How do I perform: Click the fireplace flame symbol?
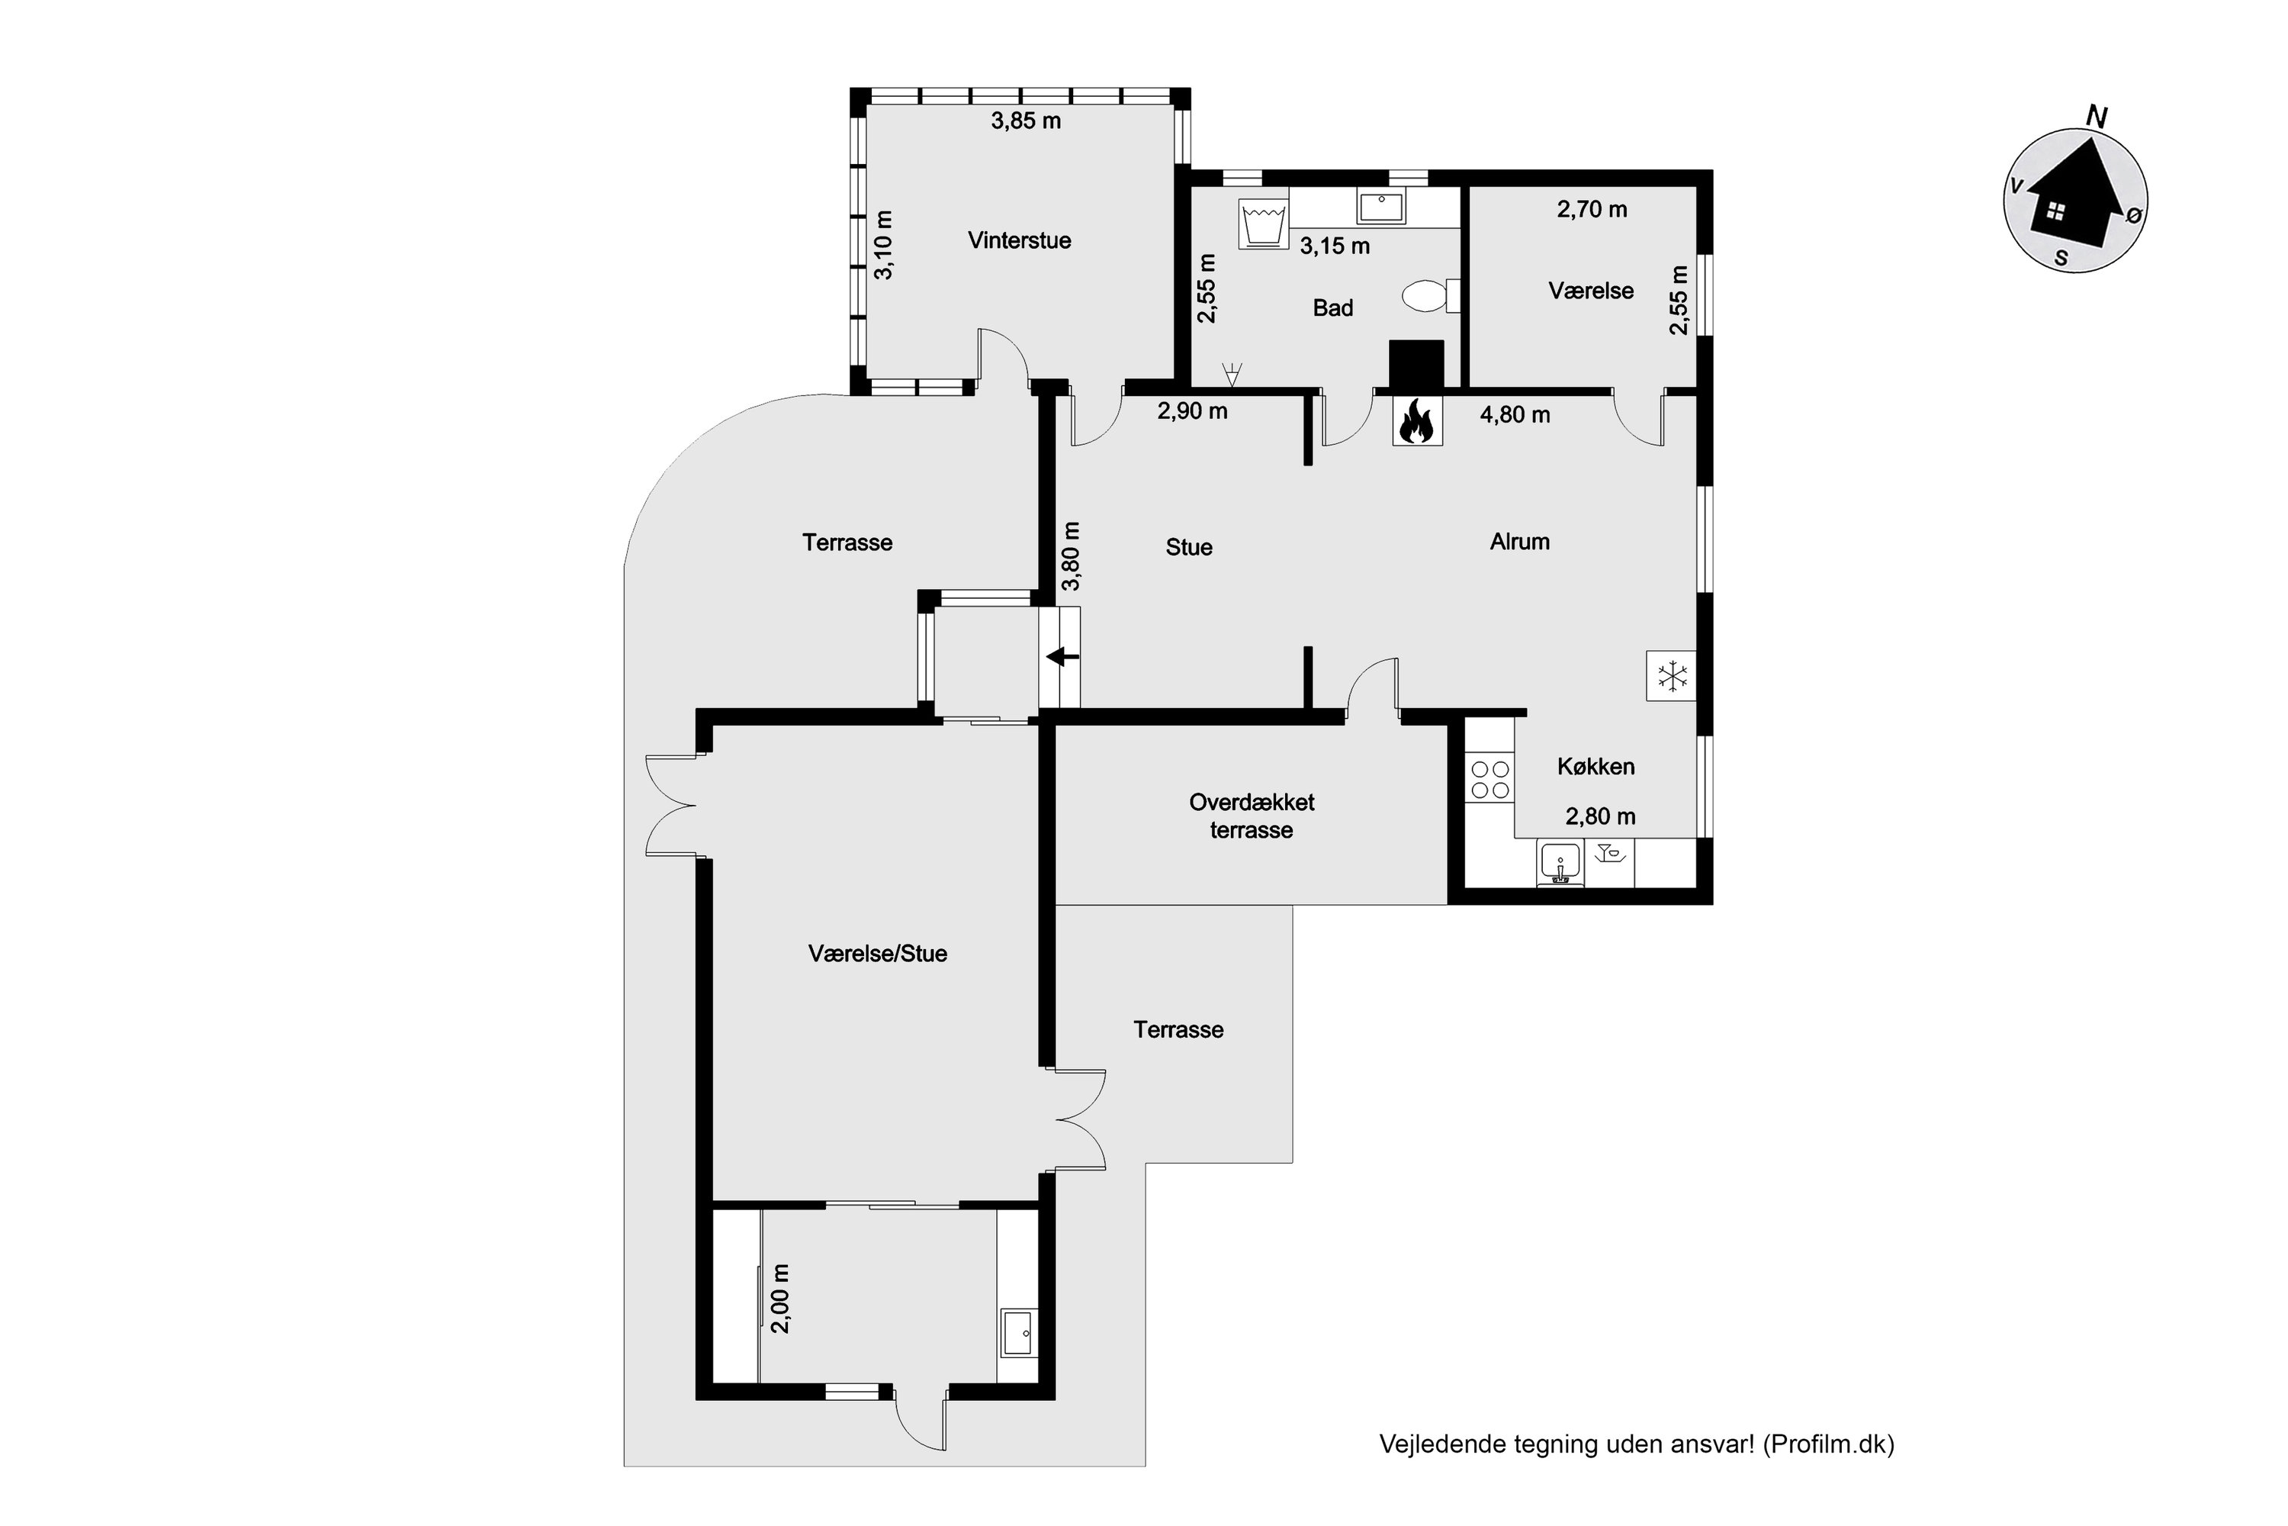[x=1416, y=421]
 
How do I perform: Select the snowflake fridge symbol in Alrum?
[x=1671, y=675]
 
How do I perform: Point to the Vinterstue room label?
[x=1020, y=240]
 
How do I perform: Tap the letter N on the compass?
[x=2097, y=117]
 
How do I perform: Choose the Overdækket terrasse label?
[x=1252, y=816]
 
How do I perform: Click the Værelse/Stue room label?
[x=878, y=954]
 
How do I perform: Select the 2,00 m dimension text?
[x=779, y=1299]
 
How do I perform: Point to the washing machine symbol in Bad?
[x=1264, y=224]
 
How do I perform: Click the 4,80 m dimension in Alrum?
[x=1515, y=414]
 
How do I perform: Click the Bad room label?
[x=1332, y=307]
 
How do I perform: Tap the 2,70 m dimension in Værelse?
[x=1592, y=209]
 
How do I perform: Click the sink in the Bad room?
[x=1381, y=208]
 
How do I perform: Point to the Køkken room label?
[x=1595, y=767]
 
